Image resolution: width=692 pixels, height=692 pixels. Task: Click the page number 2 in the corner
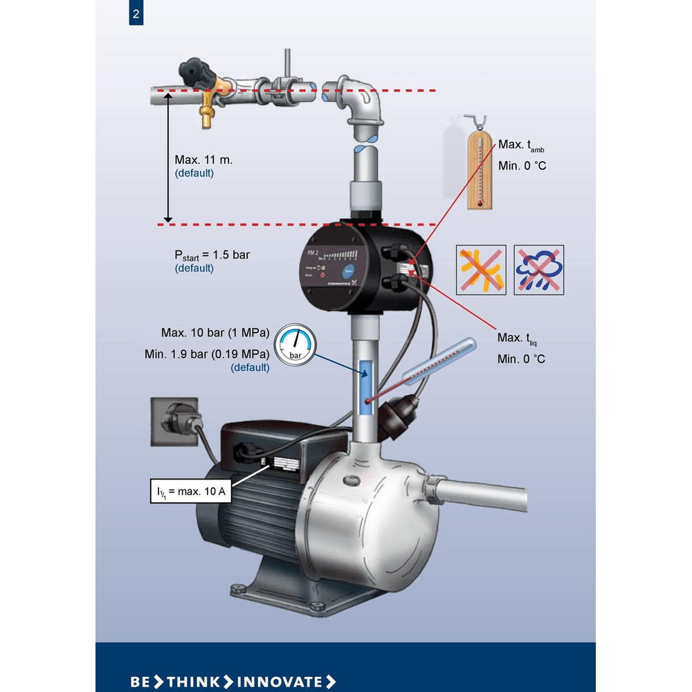pyautogui.click(x=136, y=14)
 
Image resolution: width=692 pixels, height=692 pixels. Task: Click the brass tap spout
pyautogui.click(x=206, y=116)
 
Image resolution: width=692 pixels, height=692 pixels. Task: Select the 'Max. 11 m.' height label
pyautogui.click(x=203, y=160)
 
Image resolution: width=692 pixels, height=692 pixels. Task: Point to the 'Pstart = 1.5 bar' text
pyautogui.click(x=212, y=255)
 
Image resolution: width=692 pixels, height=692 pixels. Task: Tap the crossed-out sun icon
pyautogui.click(x=481, y=269)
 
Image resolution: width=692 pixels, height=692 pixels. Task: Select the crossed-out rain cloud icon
pyautogui.click(x=538, y=269)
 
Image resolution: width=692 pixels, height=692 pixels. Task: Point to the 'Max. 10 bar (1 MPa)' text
pyautogui.click(x=215, y=331)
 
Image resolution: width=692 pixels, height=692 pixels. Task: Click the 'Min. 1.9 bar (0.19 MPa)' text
pyautogui.click(x=207, y=354)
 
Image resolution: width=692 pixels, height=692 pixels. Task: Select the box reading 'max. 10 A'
pyautogui.click(x=192, y=491)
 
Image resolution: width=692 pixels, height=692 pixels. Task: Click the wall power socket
pyautogui.click(x=173, y=421)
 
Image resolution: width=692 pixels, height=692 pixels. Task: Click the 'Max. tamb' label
pyautogui.click(x=521, y=145)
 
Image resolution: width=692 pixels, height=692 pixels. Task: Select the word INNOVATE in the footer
pyautogui.click(x=280, y=681)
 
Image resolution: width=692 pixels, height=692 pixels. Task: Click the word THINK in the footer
pyautogui.click(x=193, y=681)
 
